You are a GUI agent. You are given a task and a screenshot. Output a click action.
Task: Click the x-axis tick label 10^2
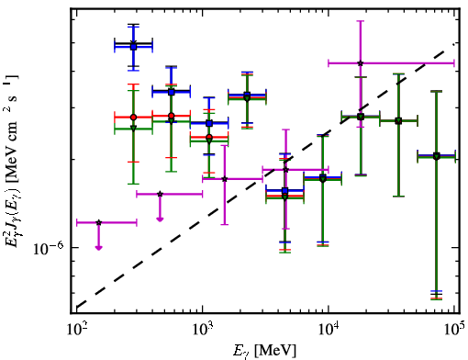(76, 329)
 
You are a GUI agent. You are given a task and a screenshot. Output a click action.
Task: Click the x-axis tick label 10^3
(202, 329)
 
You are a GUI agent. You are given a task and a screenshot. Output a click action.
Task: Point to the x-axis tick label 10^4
(329, 329)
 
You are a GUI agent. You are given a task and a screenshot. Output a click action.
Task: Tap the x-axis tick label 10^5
(454, 329)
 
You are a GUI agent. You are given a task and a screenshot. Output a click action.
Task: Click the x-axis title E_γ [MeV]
(264, 351)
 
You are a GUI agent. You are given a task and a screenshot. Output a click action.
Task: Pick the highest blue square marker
(133, 47)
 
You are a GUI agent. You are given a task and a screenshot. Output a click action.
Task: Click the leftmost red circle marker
(133, 118)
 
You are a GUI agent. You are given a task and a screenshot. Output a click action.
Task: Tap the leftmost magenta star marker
(98, 222)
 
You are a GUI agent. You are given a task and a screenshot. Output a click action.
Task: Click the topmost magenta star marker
(361, 63)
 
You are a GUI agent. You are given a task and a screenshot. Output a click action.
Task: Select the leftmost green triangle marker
(133, 128)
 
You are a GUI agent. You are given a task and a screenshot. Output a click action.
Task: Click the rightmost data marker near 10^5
(437, 156)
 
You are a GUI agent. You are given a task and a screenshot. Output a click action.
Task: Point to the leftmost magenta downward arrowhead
(98, 247)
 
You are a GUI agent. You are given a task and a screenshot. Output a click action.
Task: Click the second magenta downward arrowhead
(160, 219)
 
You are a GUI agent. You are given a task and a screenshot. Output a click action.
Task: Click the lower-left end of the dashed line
(76, 308)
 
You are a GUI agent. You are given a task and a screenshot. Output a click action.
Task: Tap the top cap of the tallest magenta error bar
(361, 21)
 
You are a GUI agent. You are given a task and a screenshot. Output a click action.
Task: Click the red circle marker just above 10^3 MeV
(209, 137)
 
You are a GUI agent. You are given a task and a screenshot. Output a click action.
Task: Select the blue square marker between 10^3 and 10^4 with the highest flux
(247, 95)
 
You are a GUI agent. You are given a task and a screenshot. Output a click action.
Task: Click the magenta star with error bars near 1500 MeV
(225, 179)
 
